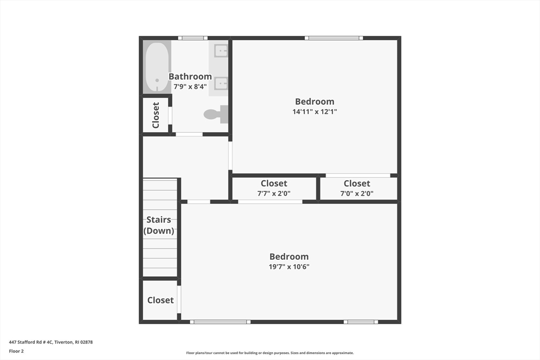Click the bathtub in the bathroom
pos(157,67)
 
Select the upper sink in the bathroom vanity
pos(221,51)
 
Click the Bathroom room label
pos(190,76)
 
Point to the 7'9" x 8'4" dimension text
pos(190,86)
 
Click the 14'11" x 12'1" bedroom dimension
pos(314,112)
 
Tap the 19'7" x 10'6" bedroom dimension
pos(289,267)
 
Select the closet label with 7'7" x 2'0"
pos(274,183)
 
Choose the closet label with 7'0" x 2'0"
pos(357,183)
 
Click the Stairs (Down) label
pos(159,225)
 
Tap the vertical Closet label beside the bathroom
pos(156,115)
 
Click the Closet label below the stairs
pos(160,300)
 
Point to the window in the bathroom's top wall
pos(192,38)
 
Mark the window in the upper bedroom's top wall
pos(333,38)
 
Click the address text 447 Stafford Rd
pos(51,342)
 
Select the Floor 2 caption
pos(16,351)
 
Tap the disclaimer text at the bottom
pos(269,353)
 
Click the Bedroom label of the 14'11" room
pos(314,102)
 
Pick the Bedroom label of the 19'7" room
pos(289,257)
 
